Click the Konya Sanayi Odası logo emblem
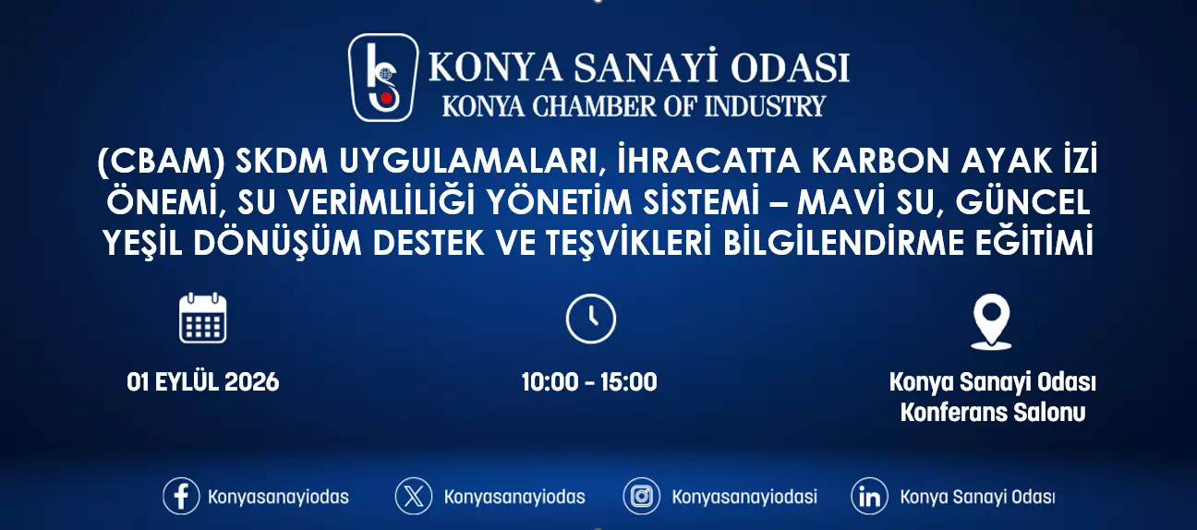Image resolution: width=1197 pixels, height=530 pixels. coord(382,78)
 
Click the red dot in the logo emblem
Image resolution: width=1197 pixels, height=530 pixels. coord(386,98)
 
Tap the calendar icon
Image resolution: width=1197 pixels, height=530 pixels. coord(202,318)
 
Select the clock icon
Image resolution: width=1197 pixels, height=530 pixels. coord(590,319)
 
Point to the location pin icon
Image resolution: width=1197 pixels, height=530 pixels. coord(991,321)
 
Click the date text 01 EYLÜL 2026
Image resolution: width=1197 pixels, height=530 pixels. coord(203,382)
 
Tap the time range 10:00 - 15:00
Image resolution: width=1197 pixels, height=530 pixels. coord(589,382)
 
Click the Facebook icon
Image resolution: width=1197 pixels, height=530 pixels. coord(181,496)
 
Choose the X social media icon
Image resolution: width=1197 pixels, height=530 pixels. coord(414,496)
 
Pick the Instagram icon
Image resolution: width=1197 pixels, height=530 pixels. coord(641,496)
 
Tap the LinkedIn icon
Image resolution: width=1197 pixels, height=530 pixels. coord(869,496)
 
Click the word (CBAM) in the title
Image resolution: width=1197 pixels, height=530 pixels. coord(161,161)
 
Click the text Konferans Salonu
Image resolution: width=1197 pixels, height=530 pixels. coord(993,413)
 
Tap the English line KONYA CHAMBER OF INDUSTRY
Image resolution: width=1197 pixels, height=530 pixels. coord(634,106)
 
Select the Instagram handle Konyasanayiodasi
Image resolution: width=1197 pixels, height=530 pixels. coord(744,497)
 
